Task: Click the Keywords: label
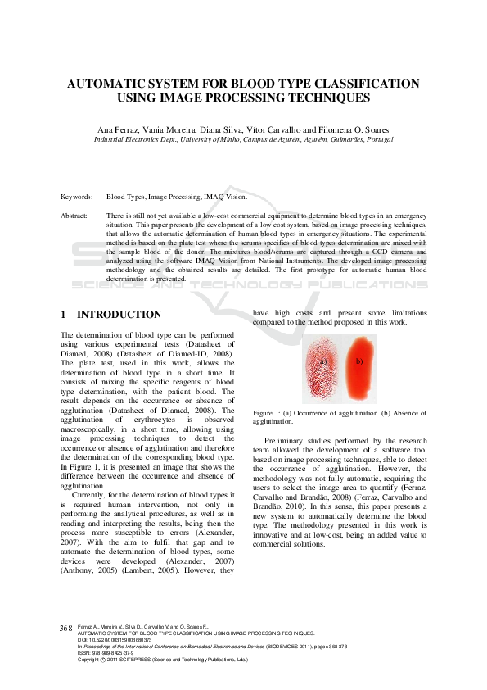(x=77, y=197)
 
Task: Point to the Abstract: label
(x=74, y=216)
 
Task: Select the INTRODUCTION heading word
(x=119, y=315)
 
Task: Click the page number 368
(x=66, y=628)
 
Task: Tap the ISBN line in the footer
(x=100, y=653)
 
